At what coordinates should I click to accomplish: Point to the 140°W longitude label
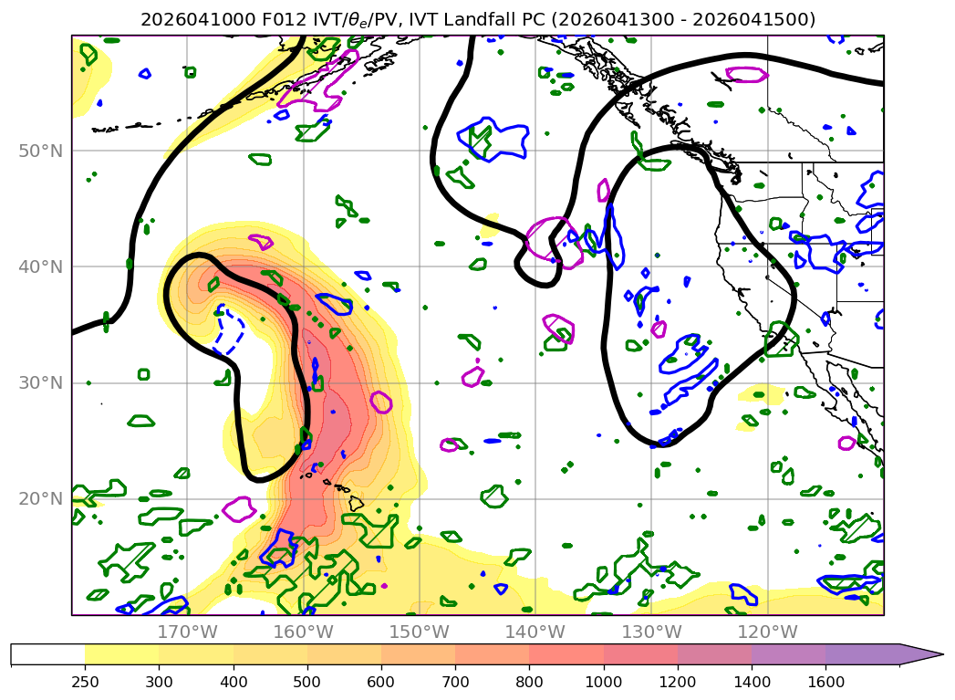point(535,632)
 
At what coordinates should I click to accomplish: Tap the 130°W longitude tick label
point(651,632)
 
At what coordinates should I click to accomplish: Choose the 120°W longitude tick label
point(767,632)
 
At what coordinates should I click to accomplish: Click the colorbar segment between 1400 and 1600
point(788,654)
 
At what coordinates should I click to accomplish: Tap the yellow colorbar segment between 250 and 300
point(121,654)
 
